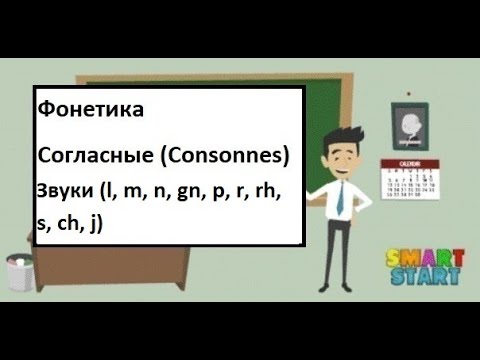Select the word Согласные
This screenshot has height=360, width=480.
pyautogui.click(x=79, y=156)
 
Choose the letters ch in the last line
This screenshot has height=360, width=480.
pyautogui.click(x=71, y=225)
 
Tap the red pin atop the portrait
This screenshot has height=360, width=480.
pyautogui.click(x=410, y=99)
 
